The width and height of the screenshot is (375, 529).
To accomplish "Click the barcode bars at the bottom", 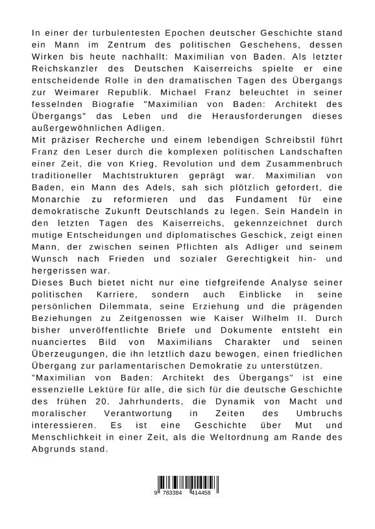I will pyautogui.click(x=187, y=482).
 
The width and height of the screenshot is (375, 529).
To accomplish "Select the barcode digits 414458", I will pyautogui.click(x=201, y=493).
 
